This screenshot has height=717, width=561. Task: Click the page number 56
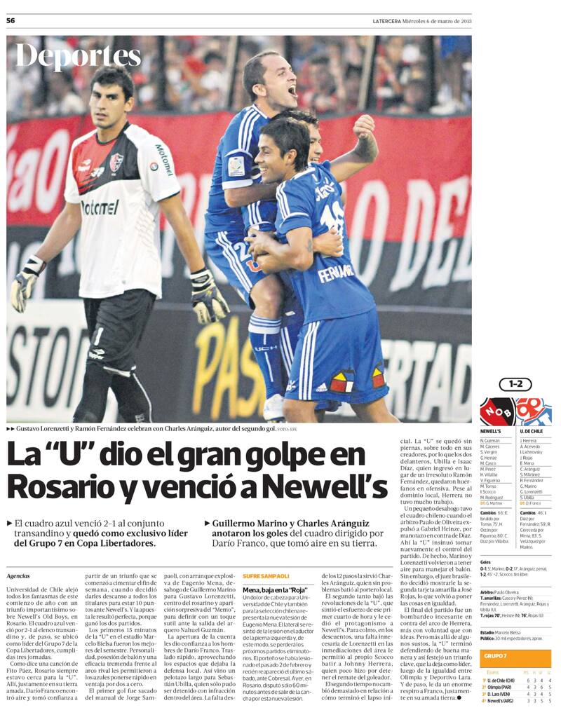coord(11,20)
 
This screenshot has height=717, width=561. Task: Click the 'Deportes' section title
coord(78,57)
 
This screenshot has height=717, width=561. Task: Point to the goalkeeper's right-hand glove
coord(25,282)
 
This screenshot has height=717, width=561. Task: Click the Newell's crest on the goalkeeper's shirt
coord(116,163)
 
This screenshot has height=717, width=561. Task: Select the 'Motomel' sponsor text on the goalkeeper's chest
coord(100,207)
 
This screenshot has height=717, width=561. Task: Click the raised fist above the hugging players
coord(363,126)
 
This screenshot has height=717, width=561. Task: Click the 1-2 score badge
coord(515,385)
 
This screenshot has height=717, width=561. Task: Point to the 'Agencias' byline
coord(18,575)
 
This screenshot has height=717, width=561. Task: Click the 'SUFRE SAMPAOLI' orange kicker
coord(266,575)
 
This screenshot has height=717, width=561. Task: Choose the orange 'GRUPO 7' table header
coord(495,655)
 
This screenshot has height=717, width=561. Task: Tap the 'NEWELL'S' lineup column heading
coord(490,431)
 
